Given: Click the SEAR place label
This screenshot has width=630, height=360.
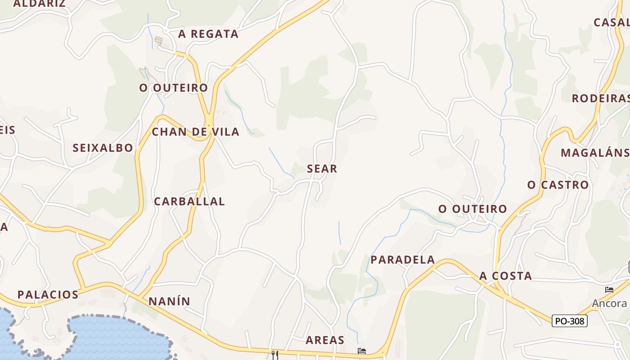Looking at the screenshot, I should [x=322, y=169].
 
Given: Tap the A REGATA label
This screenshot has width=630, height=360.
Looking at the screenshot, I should [x=208, y=34].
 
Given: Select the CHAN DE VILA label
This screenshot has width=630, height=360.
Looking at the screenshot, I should [x=195, y=132].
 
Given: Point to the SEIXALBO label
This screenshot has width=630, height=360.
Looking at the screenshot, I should [x=103, y=148].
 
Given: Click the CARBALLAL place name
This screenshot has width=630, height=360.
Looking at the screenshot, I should [x=189, y=202].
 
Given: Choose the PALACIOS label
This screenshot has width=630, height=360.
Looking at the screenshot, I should [x=48, y=295].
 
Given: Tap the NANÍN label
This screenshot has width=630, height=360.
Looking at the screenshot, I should [x=169, y=301].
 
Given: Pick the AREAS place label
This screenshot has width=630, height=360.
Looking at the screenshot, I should [x=325, y=340].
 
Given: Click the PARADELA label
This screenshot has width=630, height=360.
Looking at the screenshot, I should [x=403, y=260].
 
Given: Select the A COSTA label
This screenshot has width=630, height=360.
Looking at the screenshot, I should [x=505, y=276].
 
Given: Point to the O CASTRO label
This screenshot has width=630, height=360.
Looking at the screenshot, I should [x=558, y=184].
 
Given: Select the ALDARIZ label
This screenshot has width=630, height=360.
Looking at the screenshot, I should [x=40, y=4].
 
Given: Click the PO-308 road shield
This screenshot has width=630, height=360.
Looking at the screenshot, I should [x=569, y=321].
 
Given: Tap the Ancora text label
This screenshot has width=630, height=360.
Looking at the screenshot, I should [x=609, y=303].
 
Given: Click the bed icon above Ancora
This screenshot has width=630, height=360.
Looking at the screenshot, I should [x=609, y=289].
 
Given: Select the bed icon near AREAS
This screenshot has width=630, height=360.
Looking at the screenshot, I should [x=361, y=351].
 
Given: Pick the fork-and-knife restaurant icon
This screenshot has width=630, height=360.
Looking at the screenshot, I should [x=275, y=355].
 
